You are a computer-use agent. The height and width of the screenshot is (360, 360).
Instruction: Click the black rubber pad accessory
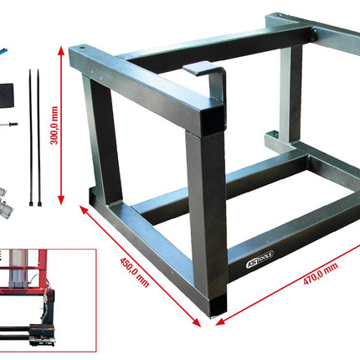click(x=13, y=93)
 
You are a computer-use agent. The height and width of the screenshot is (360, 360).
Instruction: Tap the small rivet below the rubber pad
click(x=13, y=124)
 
